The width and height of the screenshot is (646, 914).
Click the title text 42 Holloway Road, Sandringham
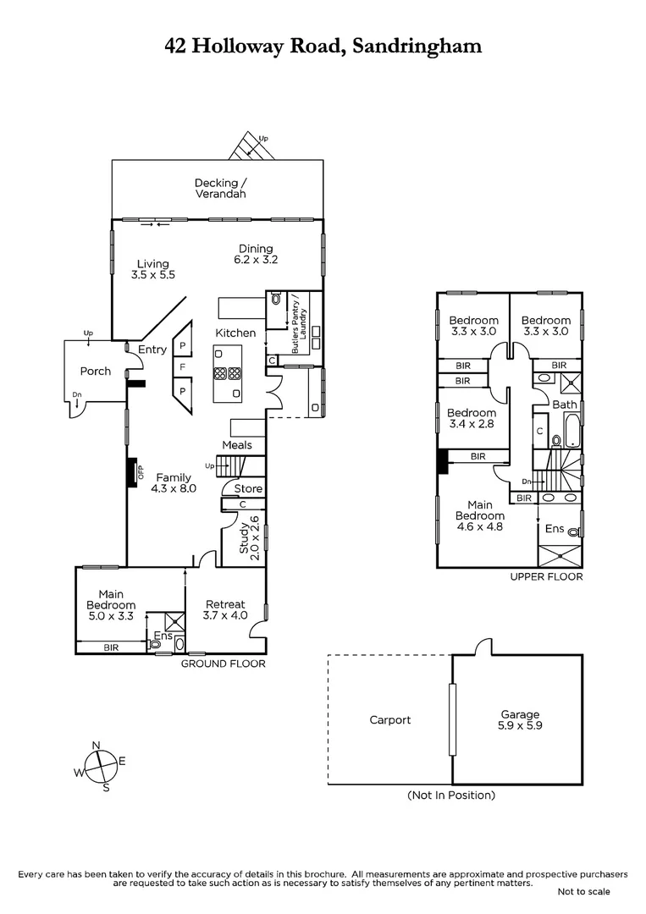tap(323, 46)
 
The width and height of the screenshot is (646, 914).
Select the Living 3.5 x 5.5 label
tap(152, 269)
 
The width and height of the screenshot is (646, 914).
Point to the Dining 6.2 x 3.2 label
tap(255, 254)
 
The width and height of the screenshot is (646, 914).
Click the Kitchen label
tap(235, 333)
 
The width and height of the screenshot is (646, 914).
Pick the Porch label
tap(95, 371)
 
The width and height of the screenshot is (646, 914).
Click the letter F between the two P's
tap(182, 367)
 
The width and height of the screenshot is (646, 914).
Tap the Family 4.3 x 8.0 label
tap(172, 482)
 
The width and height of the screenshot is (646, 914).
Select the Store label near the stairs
tap(247, 489)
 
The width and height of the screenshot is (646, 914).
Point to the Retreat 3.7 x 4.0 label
tap(225, 609)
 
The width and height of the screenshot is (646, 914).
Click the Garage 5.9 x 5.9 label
tap(518, 719)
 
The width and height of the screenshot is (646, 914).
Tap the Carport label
tap(389, 720)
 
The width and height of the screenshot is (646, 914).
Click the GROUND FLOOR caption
tap(223, 663)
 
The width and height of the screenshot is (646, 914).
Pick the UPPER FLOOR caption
tap(546, 576)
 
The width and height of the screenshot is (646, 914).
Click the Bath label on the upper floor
tap(564, 405)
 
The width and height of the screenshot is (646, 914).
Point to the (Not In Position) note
tap(450, 795)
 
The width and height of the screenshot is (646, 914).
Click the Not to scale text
tap(583, 891)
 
